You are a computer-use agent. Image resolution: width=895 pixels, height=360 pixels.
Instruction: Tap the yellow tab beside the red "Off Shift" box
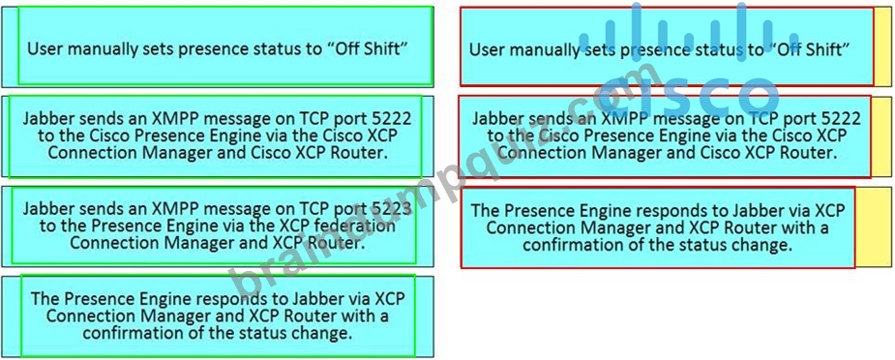(882, 46)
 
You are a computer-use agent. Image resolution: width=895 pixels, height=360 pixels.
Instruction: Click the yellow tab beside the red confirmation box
(874, 227)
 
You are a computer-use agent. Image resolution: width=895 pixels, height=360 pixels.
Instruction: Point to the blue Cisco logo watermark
(679, 63)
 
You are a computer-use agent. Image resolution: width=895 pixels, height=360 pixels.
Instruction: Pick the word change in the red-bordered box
(764, 246)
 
